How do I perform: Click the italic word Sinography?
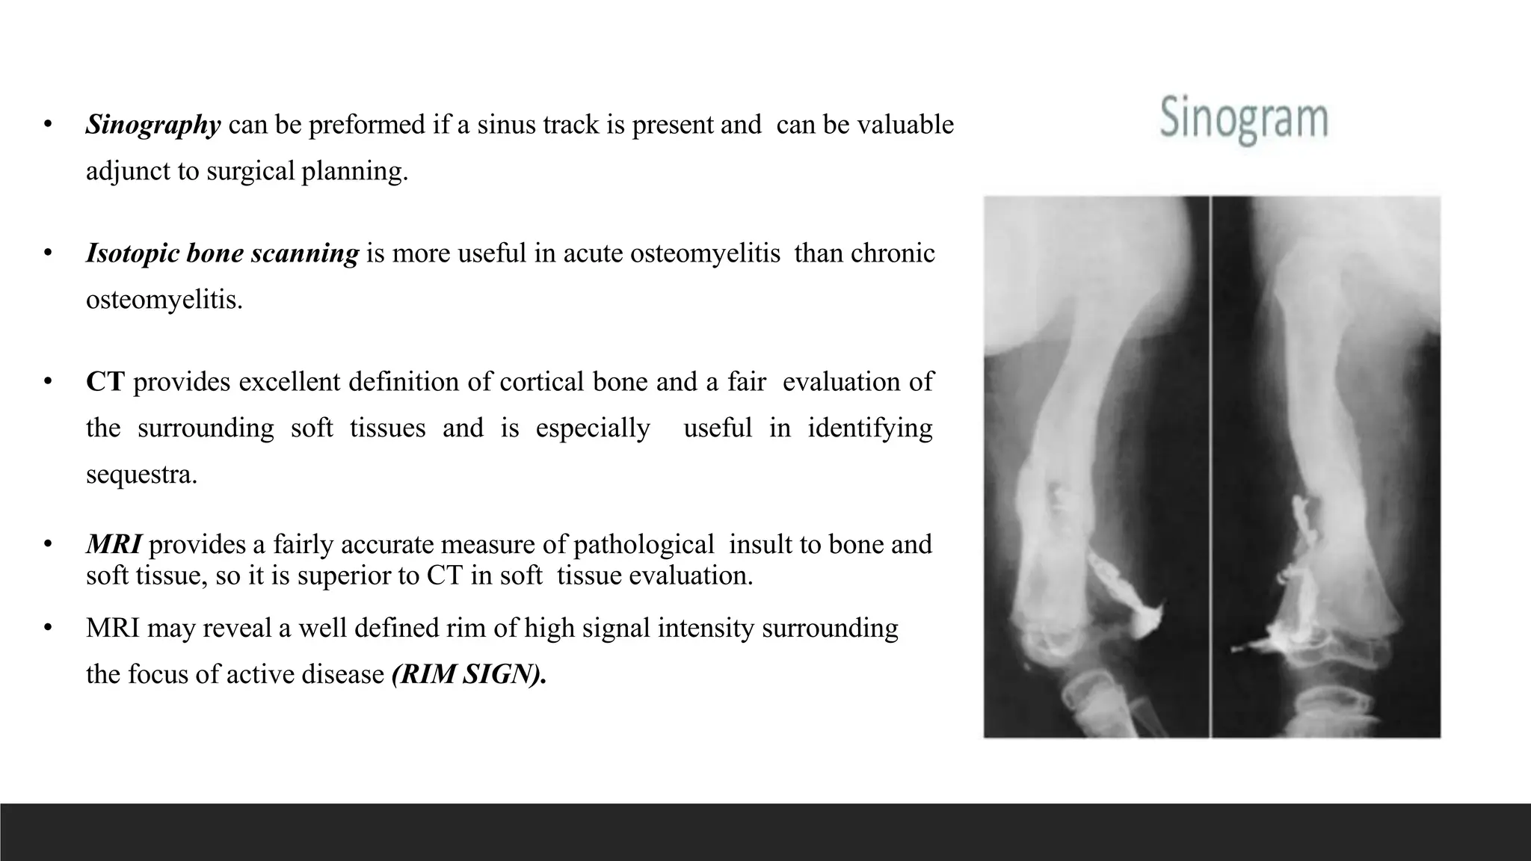(153, 125)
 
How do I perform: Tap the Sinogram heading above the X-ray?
(1244, 120)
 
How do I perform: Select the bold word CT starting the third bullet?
(105, 382)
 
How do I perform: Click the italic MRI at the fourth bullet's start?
(114, 544)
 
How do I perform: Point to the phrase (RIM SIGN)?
(469, 674)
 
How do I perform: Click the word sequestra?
(141, 475)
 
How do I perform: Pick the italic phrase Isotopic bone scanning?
(222, 253)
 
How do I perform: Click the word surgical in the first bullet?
(250, 171)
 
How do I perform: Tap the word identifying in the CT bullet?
(870, 428)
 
